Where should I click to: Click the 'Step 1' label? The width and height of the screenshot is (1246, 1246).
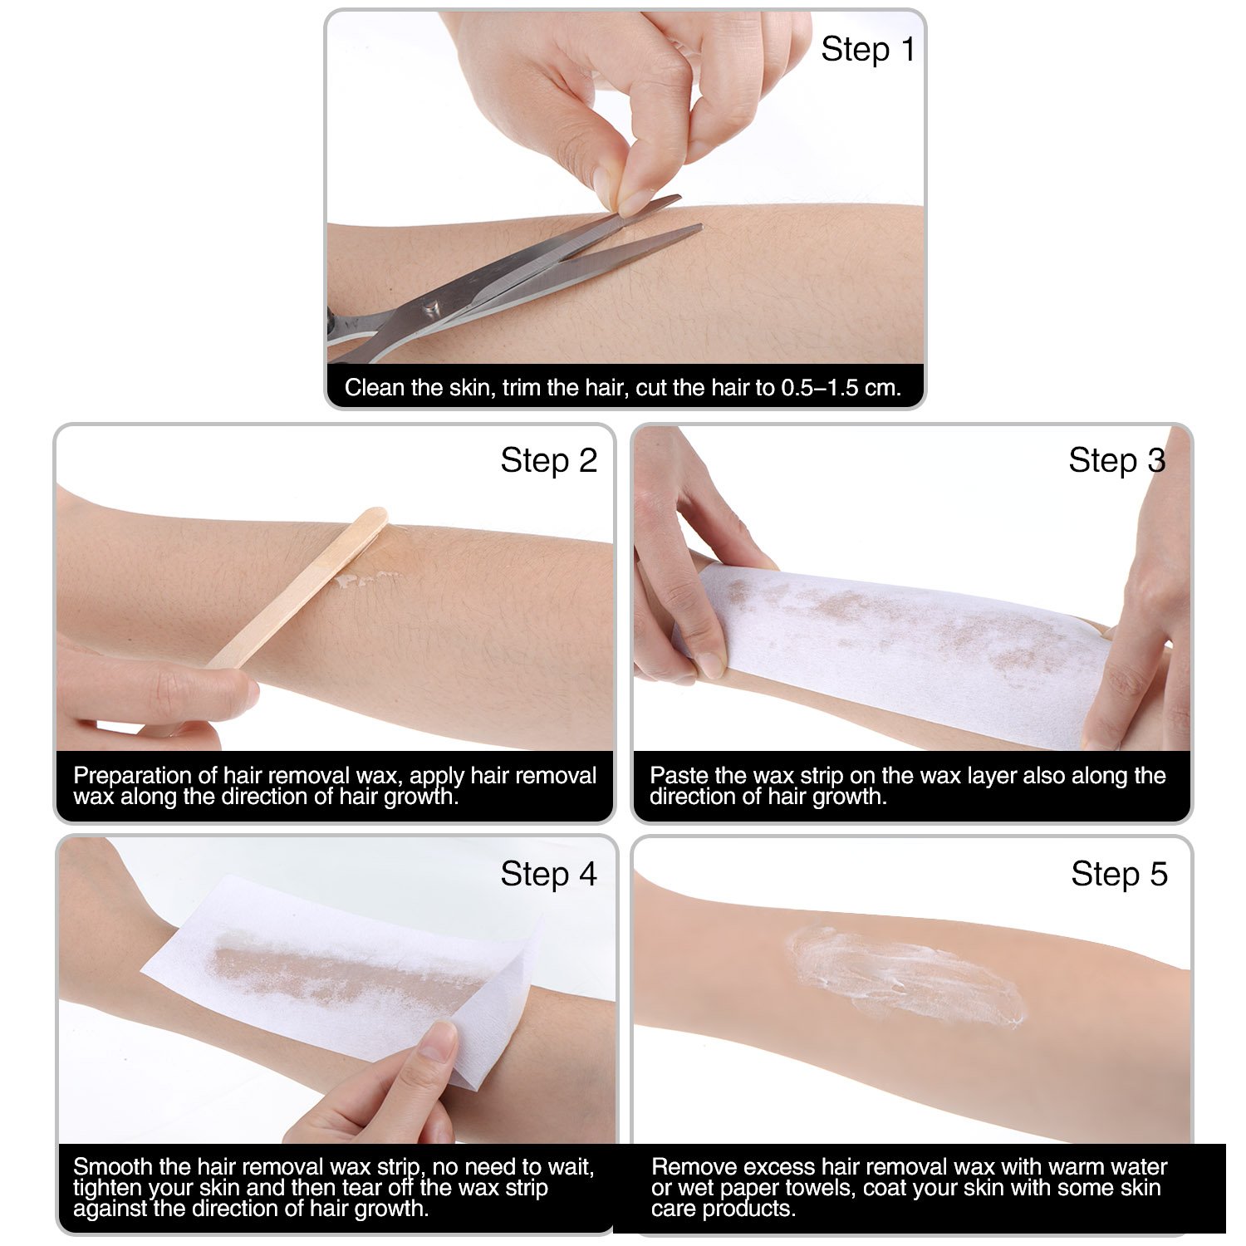coord(867,50)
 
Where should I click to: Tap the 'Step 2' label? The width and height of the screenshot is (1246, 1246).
coord(548,460)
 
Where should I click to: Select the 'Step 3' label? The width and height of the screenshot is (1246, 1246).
coord(1116,460)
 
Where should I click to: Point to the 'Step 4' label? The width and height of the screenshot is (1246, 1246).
coord(548,874)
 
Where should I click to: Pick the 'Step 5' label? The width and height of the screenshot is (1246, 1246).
coord(1119,874)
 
